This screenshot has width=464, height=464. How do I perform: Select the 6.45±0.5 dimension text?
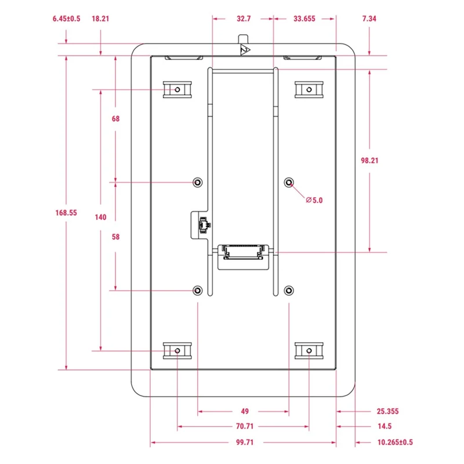66,19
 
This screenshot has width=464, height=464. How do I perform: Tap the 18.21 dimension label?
100,19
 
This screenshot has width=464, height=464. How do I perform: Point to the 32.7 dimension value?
244,19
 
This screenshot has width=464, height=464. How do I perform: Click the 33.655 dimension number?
304,19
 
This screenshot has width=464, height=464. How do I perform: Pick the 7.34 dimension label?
369,19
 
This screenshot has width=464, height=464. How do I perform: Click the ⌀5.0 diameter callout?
314,200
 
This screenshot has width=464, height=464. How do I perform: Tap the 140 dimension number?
100,217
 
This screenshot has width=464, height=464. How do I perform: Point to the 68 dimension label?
115,119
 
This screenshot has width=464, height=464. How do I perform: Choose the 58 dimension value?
115,237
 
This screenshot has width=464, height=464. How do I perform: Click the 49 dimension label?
244,412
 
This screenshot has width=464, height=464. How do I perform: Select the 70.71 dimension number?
244,427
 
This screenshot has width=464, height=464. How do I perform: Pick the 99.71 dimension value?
244,443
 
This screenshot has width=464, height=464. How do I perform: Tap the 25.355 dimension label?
387,412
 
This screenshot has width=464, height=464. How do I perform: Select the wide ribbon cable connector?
244,253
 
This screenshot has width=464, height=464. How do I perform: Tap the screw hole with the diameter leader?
289,183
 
